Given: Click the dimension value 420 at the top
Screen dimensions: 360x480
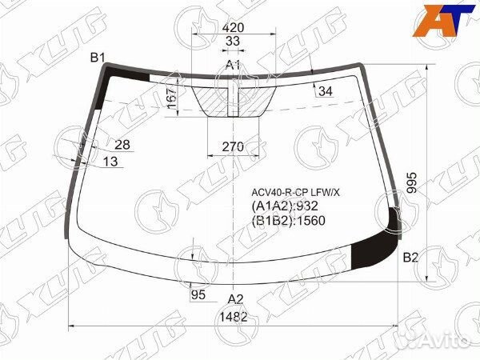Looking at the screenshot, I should click(x=233, y=26).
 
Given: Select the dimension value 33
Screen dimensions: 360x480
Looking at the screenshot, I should click(x=233, y=42).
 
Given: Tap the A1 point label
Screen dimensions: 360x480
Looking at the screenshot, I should click(x=233, y=64).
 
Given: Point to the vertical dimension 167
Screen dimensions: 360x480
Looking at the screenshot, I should click(x=171, y=100).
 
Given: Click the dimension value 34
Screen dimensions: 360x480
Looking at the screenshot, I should click(x=325, y=91).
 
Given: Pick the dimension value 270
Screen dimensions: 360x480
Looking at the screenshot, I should click(x=232, y=147).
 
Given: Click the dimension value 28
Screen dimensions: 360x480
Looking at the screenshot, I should click(x=122, y=144).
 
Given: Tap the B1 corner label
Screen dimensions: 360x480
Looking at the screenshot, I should click(x=98, y=57).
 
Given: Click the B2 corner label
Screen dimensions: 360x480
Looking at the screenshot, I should click(x=410, y=258).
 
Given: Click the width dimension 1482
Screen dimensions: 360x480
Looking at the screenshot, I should click(x=233, y=317).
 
